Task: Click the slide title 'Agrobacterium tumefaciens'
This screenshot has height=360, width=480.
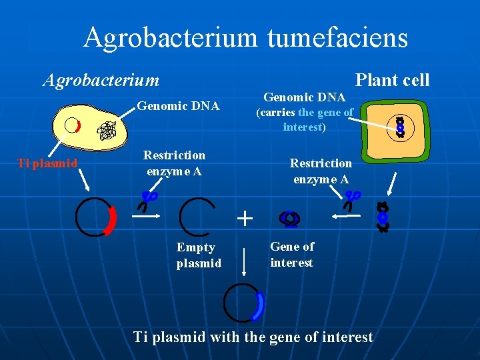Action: [x=245, y=37]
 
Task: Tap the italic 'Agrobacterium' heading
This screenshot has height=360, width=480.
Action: [x=101, y=81]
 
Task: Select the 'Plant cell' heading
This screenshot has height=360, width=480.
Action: [x=392, y=81]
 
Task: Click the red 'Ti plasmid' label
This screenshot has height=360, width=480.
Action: [x=47, y=163]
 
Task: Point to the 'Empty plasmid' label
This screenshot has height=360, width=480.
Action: [x=198, y=255]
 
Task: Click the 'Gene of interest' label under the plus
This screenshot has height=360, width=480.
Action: [x=292, y=254]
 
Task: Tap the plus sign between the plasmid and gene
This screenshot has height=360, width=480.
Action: [x=245, y=218]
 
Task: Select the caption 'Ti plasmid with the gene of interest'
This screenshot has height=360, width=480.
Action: [x=253, y=337]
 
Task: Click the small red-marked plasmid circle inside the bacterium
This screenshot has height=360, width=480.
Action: [x=72, y=126]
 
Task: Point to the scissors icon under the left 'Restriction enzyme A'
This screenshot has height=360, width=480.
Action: [x=149, y=198]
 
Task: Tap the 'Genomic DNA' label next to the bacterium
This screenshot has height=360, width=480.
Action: [x=178, y=105]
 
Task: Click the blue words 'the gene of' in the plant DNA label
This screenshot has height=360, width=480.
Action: [x=326, y=113]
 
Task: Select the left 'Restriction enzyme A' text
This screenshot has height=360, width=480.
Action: [x=174, y=163]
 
